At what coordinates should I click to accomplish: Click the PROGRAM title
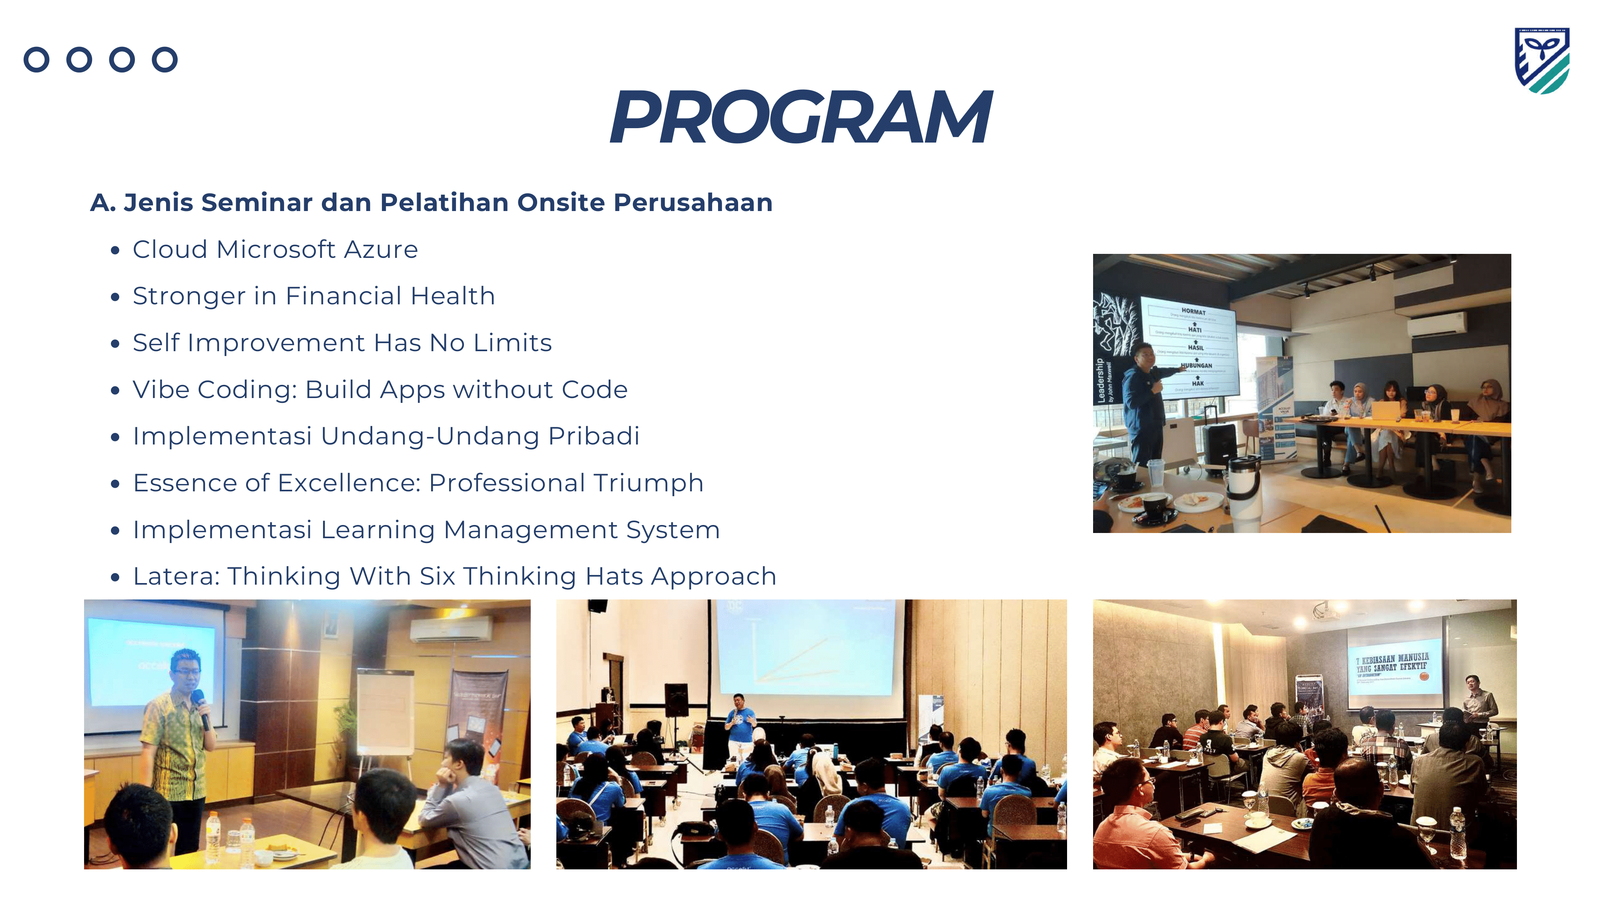point(800,117)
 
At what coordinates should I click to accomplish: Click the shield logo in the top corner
point(1541,60)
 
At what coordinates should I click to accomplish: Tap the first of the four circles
point(37,60)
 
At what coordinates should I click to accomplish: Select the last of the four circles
point(165,60)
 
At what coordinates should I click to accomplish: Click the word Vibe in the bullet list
point(162,390)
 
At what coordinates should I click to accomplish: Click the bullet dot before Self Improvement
point(114,344)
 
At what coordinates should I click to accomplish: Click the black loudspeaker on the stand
point(676,700)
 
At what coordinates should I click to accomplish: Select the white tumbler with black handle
point(1243,491)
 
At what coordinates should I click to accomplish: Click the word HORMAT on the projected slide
point(1193,311)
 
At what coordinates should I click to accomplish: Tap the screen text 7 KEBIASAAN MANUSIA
point(1392,658)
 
